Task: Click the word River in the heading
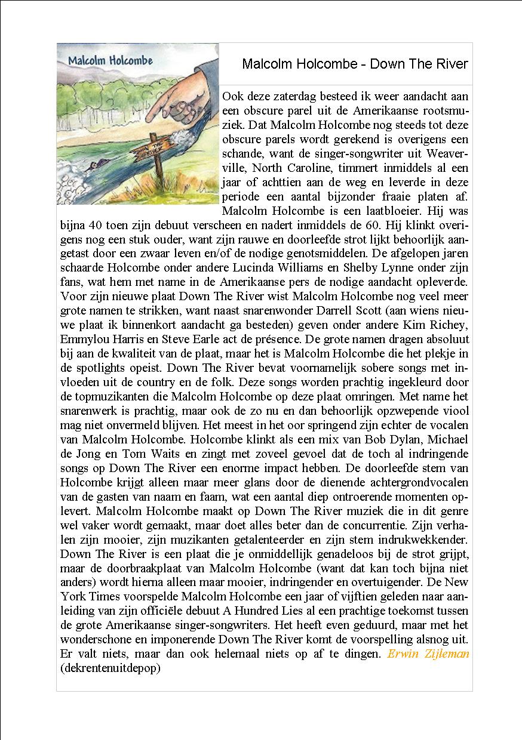(451, 64)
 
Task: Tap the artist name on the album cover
(110, 60)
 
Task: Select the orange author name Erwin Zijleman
(428, 654)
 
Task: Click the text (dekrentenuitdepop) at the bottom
(110, 668)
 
